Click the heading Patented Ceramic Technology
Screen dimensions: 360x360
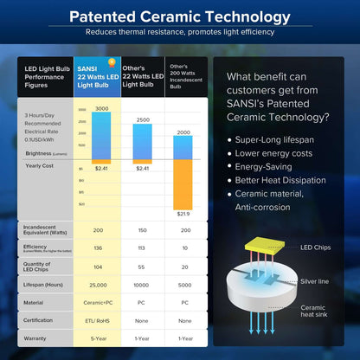click(x=179, y=16)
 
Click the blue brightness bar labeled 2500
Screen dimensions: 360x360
click(x=143, y=141)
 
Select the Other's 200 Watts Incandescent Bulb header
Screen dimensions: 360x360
click(x=185, y=76)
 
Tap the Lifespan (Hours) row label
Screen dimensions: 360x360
click(x=44, y=284)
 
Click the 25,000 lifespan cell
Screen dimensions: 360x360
click(x=97, y=284)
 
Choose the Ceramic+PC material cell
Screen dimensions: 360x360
click(x=97, y=302)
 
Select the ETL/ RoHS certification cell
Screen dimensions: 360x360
click(x=97, y=320)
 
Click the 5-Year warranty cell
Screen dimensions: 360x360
click(x=97, y=338)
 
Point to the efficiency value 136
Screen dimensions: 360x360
click(x=97, y=247)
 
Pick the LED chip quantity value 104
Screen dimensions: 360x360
click(x=97, y=266)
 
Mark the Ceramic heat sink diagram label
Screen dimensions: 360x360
click(x=313, y=312)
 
